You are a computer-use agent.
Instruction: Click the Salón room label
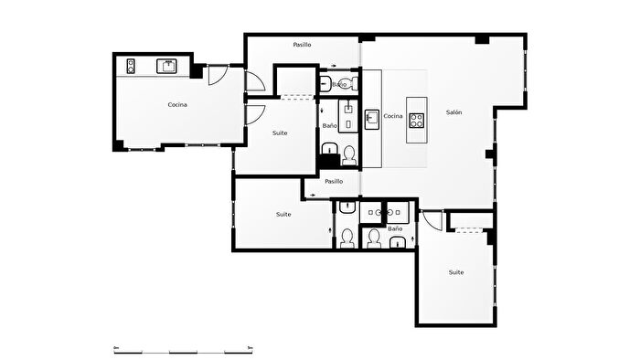coord(453,112)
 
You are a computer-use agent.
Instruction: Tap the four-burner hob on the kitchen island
coord(416,121)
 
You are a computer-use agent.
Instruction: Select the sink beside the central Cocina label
coord(372,120)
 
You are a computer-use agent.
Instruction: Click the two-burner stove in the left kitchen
coord(131,66)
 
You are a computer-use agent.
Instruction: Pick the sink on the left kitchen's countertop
coord(166,66)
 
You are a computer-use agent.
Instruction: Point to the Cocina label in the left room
coord(177,105)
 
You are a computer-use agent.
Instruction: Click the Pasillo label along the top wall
coord(302,45)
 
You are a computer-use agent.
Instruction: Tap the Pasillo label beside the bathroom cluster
coord(334,182)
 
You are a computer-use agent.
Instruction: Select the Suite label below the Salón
coord(456,272)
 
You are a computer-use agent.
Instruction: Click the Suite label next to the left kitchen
coord(280,132)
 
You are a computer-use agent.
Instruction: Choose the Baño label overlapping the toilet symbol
coord(339,84)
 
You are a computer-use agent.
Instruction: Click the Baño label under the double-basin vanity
coord(395,228)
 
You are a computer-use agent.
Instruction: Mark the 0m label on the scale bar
coord(116,348)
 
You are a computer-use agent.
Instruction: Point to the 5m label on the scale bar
coord(251,348)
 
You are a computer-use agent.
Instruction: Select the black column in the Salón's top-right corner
coord(482,39)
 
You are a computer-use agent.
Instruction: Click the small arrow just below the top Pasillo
coord(334,66)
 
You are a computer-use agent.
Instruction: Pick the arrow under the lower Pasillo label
coord(313,196)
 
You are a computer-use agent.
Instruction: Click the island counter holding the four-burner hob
coord(417,120)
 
